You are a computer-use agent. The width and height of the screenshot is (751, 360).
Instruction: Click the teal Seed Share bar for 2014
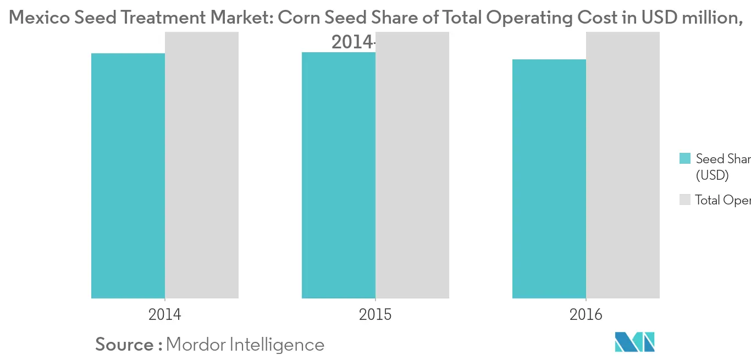[x=128, y=176]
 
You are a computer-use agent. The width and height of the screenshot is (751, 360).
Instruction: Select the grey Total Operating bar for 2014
[x=202, y=165]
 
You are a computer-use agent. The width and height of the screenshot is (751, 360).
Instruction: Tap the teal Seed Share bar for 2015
[x=339, y=175]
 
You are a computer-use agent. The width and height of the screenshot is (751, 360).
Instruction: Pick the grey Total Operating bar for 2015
[x=412, y=165]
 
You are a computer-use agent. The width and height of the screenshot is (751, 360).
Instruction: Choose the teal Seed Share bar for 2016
[x=549, y=179]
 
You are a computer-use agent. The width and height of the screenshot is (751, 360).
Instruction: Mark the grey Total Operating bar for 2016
[x=623, y=165]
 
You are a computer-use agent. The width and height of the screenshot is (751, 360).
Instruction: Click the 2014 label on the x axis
[x=164, y=315]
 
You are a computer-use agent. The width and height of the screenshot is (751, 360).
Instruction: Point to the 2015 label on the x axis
[x=375, y=315]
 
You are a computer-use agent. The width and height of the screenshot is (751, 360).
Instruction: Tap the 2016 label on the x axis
[x=586, y=315]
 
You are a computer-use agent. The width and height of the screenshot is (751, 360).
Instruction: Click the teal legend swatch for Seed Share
[x=685, y=159]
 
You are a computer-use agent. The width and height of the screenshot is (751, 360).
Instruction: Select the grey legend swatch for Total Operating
[x=685, y=200]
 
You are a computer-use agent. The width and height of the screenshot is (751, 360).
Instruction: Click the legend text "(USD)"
[x=712, y=176]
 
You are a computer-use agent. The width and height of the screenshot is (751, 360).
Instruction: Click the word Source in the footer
[x=124, y=345]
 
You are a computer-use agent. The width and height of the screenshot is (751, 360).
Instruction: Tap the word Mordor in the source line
[x=195, y=345]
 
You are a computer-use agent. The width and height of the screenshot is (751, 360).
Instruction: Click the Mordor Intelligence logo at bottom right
[x=635, y=342]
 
